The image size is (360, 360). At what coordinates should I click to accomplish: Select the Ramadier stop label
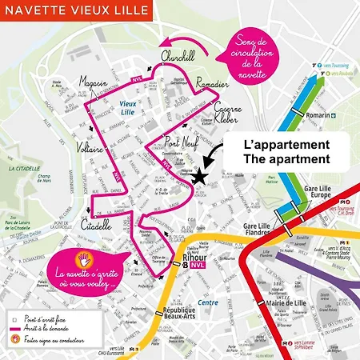(213, 82)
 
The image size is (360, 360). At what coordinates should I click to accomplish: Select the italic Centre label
(208, 302)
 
